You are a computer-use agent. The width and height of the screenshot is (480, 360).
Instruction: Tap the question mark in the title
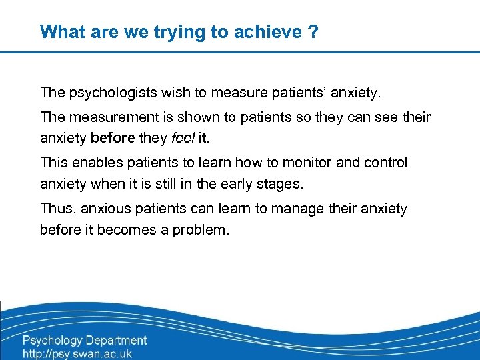point(313,31)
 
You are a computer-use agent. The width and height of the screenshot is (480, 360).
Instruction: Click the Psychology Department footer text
point(85,340)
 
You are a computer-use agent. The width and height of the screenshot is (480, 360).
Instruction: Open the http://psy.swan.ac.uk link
point(77,353)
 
